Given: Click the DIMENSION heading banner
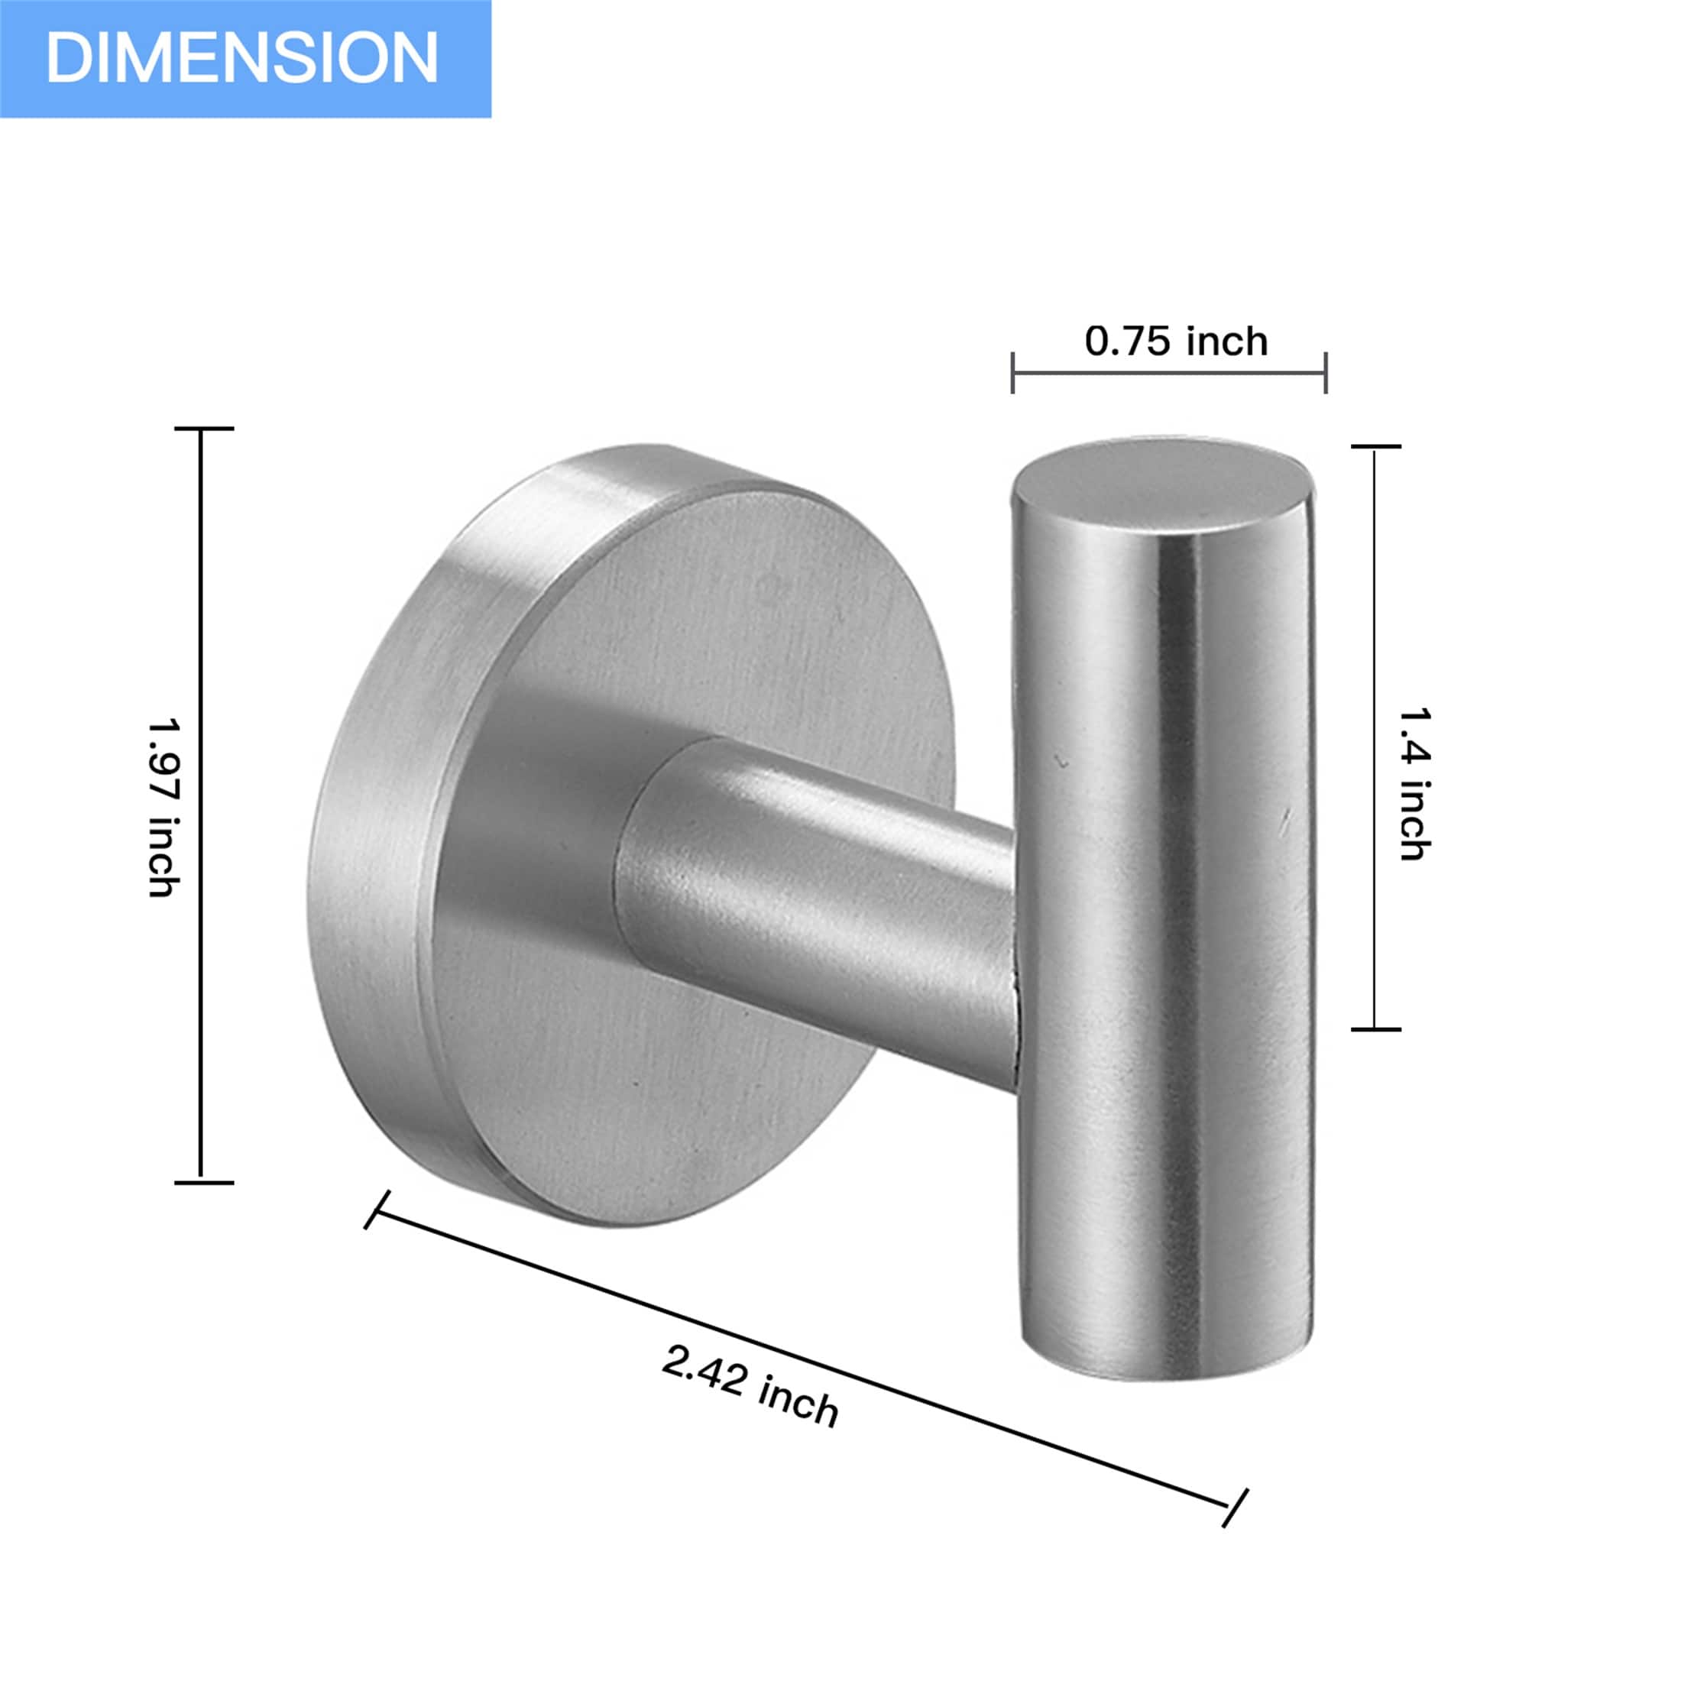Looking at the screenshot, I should pyautogui.click(x=245, y=58).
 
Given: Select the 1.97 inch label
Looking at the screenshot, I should pyautogui.click(x=163, y=807).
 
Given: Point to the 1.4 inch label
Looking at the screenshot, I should pyautogui.click(x=1413, y=783).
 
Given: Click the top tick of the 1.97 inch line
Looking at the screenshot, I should pyautogui.click(x=202, y=429).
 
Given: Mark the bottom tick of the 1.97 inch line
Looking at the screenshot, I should pyautogui.click(x=202, y=1183).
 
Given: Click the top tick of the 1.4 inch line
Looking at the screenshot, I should pyautogui.click(x=1375, y=446).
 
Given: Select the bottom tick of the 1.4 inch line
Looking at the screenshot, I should pyautogui.click(x=1375, y=1029).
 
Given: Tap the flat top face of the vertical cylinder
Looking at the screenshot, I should pyautogui.click(x=1161, y=478).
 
